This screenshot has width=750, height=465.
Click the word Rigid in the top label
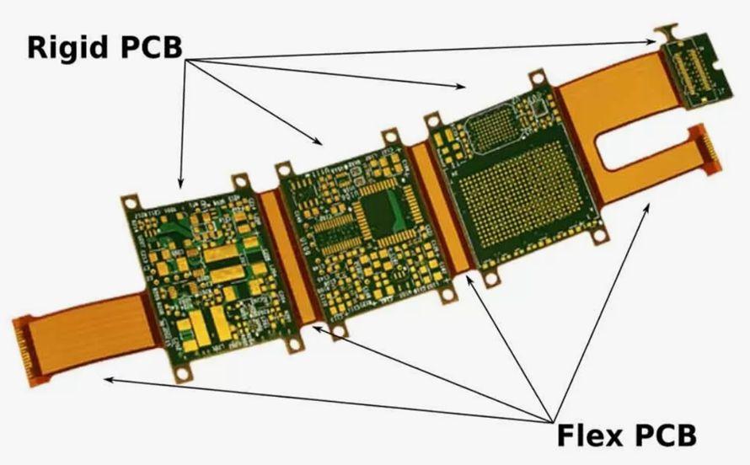click(70, 46)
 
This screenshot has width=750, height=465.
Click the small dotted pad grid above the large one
click(492, 126)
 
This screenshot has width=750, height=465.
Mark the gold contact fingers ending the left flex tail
click(23, 345)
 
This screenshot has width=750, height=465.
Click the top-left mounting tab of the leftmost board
click(131, 202)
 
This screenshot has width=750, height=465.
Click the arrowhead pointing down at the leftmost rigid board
click(179, 183)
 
